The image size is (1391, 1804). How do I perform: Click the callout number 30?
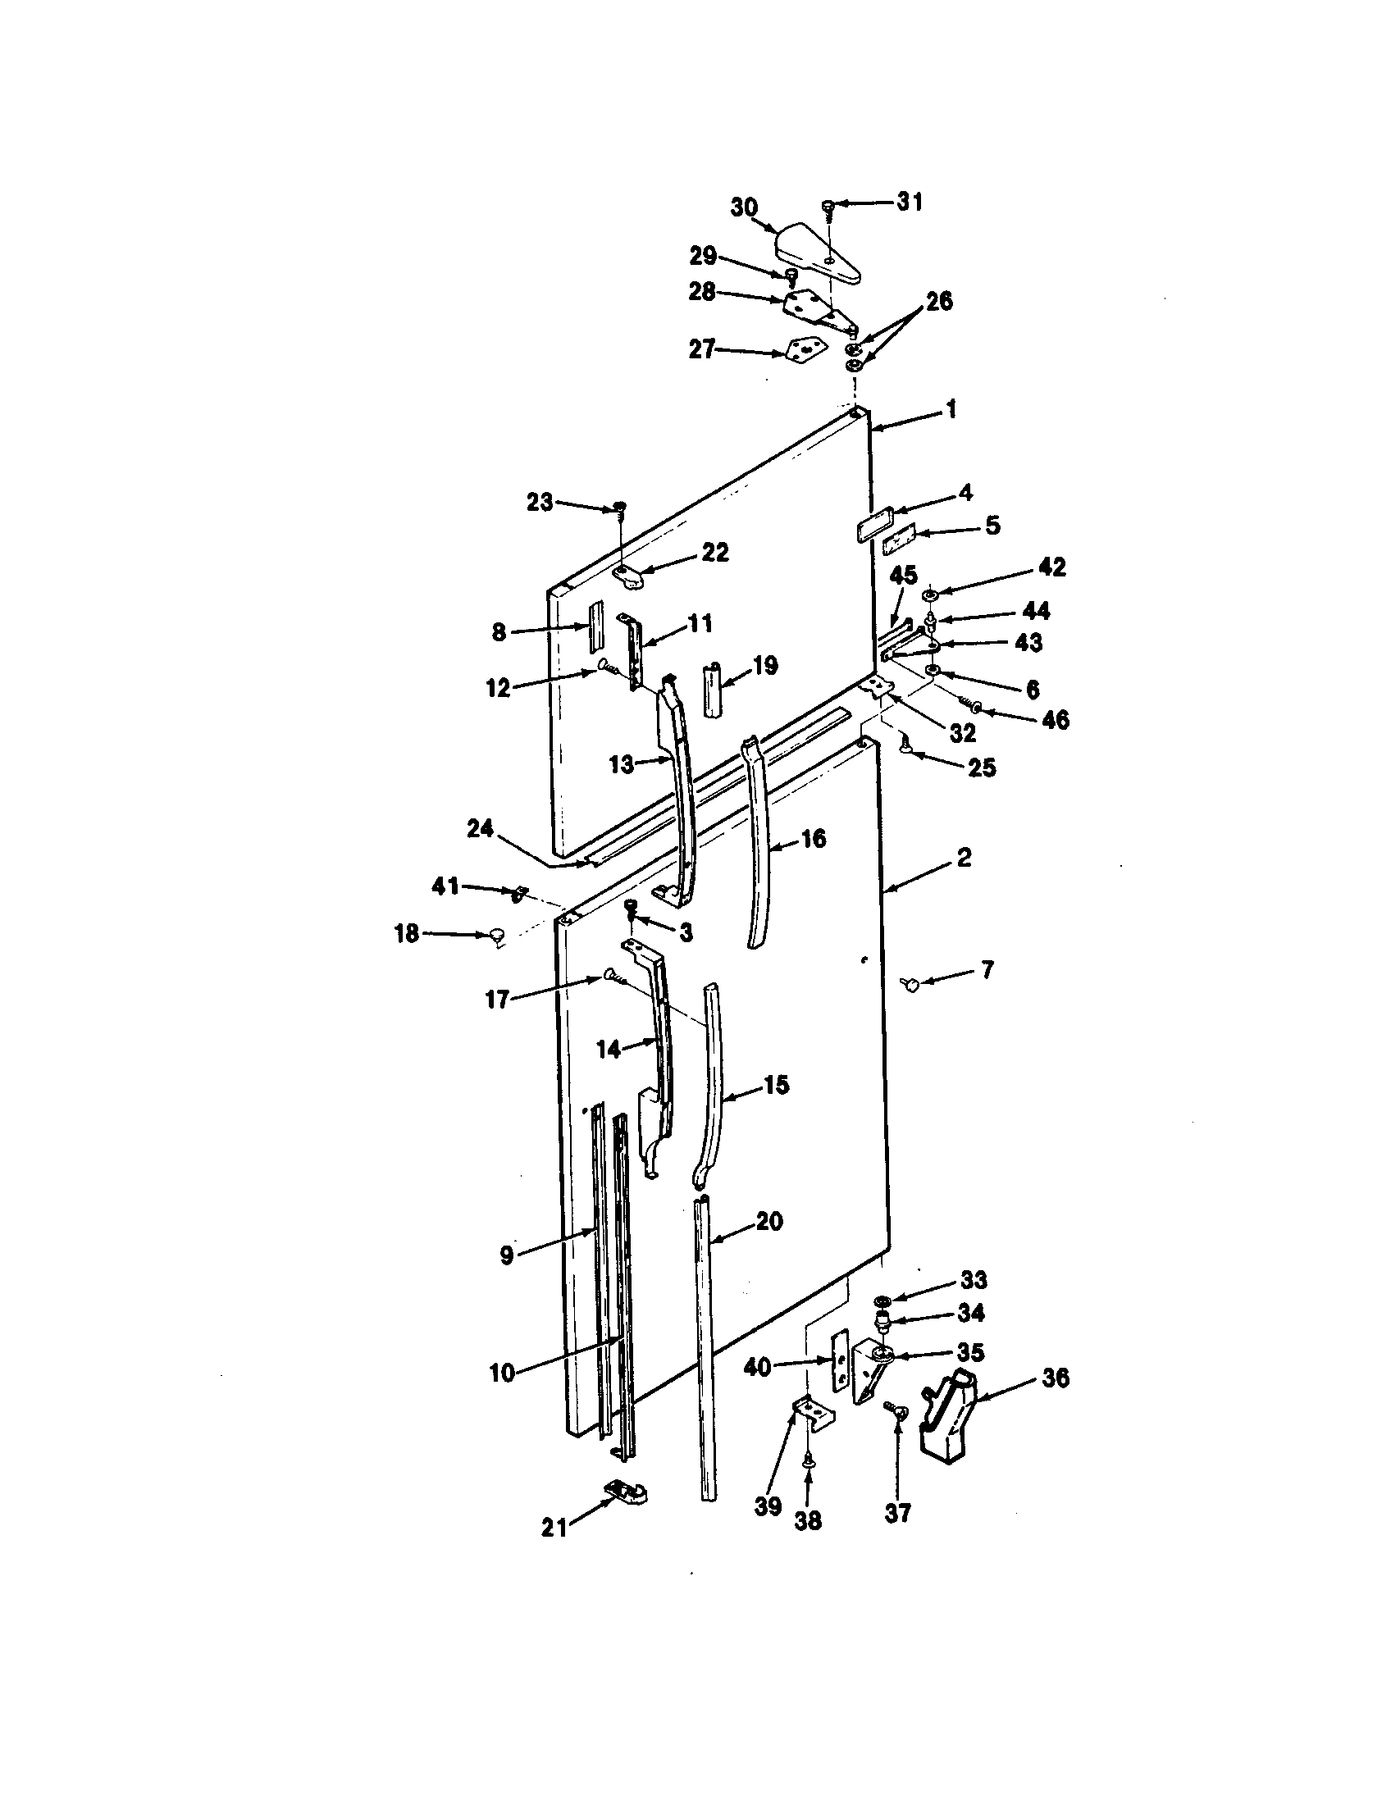click(x=743, y=207)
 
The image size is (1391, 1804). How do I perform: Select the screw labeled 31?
click(x=828, y=206)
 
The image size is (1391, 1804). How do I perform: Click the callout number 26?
click(x=939, y=302)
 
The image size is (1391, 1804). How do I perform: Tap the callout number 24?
click(x=480, y=828)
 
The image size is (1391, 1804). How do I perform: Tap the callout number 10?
click(x=502, y=1373)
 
